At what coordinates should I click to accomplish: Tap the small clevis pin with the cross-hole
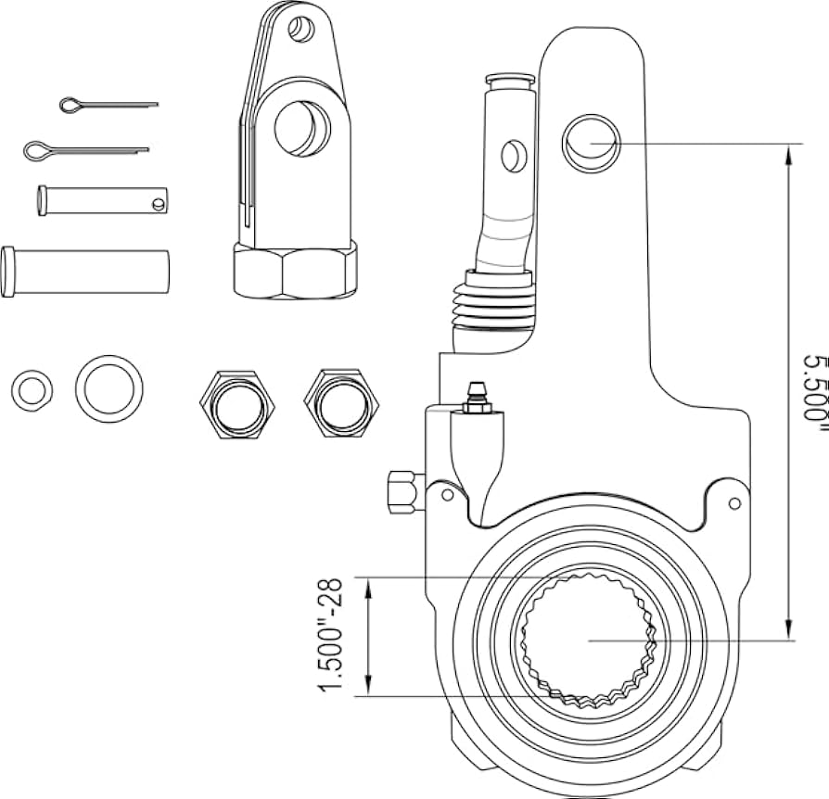102,200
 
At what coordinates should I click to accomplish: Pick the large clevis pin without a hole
85,271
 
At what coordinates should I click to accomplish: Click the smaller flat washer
32,389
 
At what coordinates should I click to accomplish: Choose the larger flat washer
108,387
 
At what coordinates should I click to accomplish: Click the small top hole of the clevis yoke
300,30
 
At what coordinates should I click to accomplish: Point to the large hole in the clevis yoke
301,127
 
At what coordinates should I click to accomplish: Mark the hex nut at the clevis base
295,270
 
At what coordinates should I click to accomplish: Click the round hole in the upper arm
590,142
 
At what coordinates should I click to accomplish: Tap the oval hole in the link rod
509,155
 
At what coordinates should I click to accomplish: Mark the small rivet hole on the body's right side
734,503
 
